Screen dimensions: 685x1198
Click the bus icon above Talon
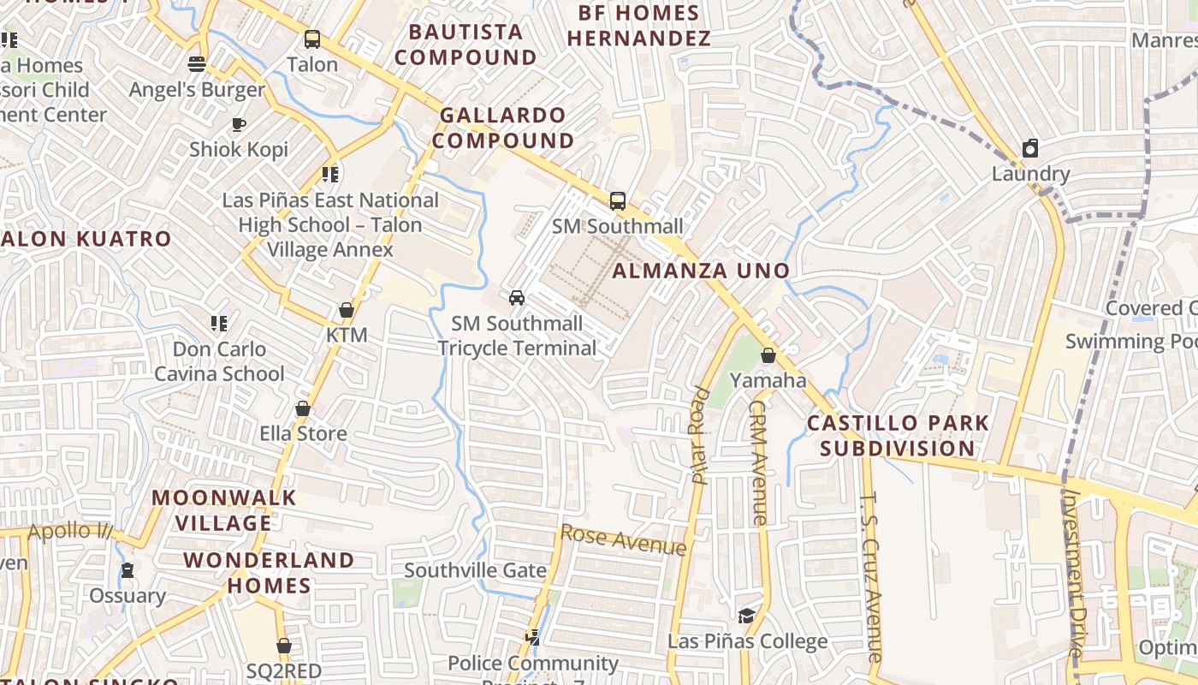(x=312, y=39)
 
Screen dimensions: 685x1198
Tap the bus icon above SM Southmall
(x=617, y=201)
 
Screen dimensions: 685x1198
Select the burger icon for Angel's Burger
(x=197, y=63)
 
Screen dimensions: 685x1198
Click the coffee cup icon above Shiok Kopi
(x=239, y=124)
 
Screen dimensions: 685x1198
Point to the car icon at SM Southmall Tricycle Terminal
(x=517, y=297)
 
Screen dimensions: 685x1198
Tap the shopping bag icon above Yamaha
(x=768, y=354)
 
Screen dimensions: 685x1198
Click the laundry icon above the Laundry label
(x=1030, y=148)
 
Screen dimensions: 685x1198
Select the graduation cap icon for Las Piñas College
(x=747, y=616)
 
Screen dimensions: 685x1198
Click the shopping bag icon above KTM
(x=347, y=309)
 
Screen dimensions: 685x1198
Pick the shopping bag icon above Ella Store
(x=303, y=408)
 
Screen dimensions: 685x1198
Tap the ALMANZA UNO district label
(x=702, y=271)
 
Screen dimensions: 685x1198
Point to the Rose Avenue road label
(x=623, y=539)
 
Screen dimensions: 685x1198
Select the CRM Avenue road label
(x=758, y=462)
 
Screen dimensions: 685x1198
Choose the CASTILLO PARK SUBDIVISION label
(x=898, y=435)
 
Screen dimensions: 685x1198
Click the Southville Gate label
(x=475, y=570)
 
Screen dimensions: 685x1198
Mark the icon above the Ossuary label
(x=128, y=570)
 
